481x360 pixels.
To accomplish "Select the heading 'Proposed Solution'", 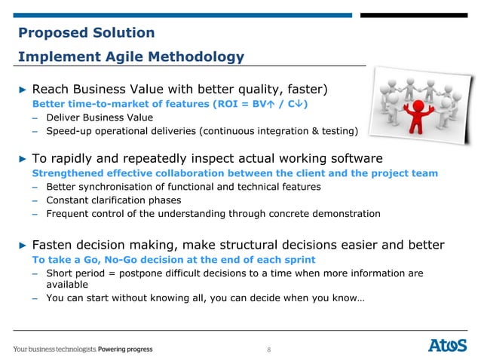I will pyautogui.click(x=86, y=32).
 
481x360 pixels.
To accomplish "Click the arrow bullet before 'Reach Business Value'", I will pyautogui.click(x=22, y=90).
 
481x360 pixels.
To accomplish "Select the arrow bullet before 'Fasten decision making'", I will pyautogui.click(x=22, y=245).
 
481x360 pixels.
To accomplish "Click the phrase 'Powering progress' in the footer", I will pyautogui.click(x=124, y=349).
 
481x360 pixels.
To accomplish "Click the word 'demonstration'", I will pyautogui.click(x=344, y=214).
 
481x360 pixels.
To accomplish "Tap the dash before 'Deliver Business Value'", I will pyautogui.click(x=35, y=117).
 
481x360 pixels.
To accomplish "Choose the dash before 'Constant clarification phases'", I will pyautogui.click(x=35, y=200).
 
